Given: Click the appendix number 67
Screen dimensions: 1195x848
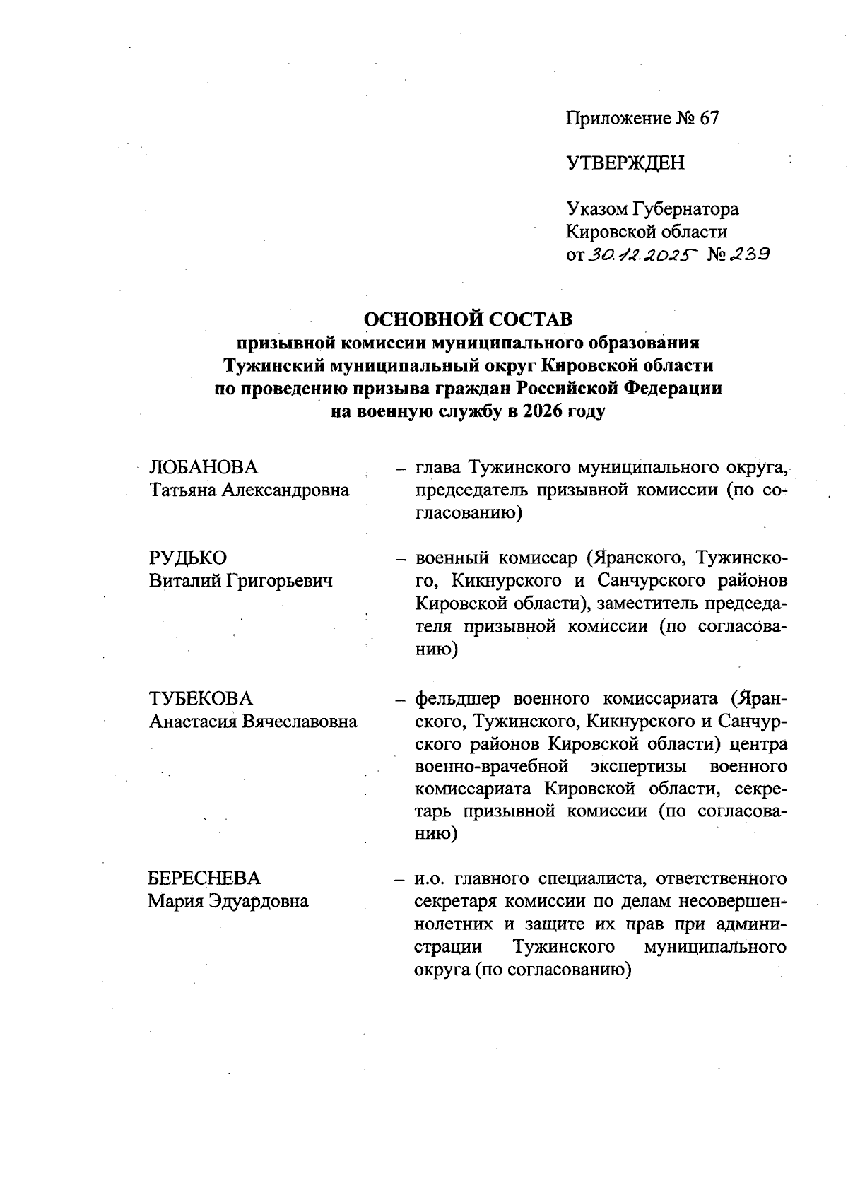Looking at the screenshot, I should [709, 119].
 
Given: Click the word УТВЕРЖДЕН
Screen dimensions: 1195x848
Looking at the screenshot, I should [625, 163].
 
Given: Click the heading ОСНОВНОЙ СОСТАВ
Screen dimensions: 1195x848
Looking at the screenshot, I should [468, 319].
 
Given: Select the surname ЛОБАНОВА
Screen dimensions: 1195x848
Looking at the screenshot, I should [204, 468].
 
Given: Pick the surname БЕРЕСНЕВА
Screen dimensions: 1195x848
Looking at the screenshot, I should [204, 878].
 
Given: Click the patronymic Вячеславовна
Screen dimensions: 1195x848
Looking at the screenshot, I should [300, 722].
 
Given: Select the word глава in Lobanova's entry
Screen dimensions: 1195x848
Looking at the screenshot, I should [438, 468].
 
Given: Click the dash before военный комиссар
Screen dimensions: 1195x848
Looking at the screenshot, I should [401, 559].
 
